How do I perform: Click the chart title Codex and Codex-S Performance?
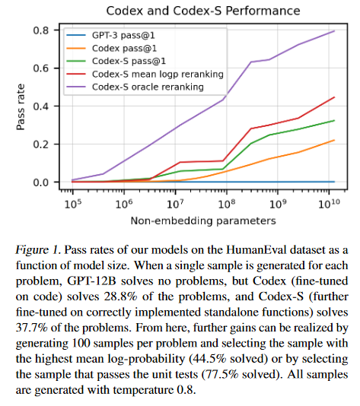click(203, 11)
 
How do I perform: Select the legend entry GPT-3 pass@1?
click(110, 36)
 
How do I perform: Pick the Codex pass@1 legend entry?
click(111, 49)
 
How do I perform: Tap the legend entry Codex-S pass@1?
click(116, 61)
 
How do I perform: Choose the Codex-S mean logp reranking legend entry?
click(145, 75)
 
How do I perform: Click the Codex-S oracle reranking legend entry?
click(135, 87)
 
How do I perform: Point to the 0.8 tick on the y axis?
click(41, 30)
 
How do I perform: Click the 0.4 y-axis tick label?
click(41, 106)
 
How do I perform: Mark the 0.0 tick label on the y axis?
click(41, 182)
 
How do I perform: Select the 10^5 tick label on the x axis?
click(73, 204)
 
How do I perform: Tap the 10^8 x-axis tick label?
click(227, 204)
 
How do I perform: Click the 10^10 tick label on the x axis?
click(329, 204)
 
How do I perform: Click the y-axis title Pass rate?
click(21, 107)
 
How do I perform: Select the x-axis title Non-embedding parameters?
click(203, 220)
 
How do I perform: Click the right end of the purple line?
click(335, 31)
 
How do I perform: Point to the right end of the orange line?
click(335, 140)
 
